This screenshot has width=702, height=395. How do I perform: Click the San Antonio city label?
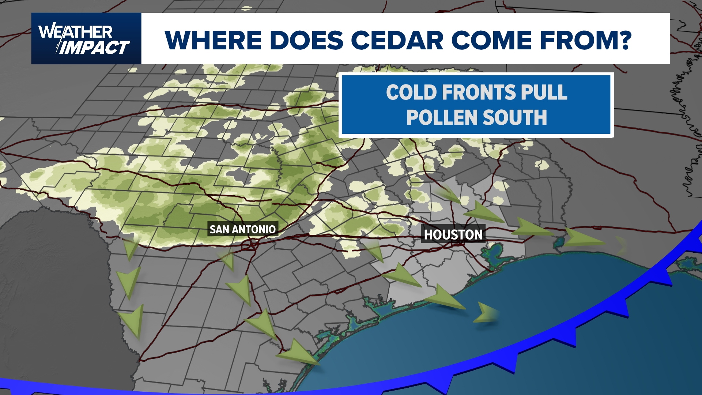pos(242,229)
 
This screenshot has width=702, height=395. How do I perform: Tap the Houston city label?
pos(453,234)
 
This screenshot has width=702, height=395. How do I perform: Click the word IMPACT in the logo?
pos(94,48)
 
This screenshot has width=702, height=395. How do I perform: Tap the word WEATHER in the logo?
pos(75,32)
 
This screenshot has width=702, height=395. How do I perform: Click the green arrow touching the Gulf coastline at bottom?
pos(298,353)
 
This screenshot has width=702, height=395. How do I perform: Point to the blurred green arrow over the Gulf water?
pos(486,313)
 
